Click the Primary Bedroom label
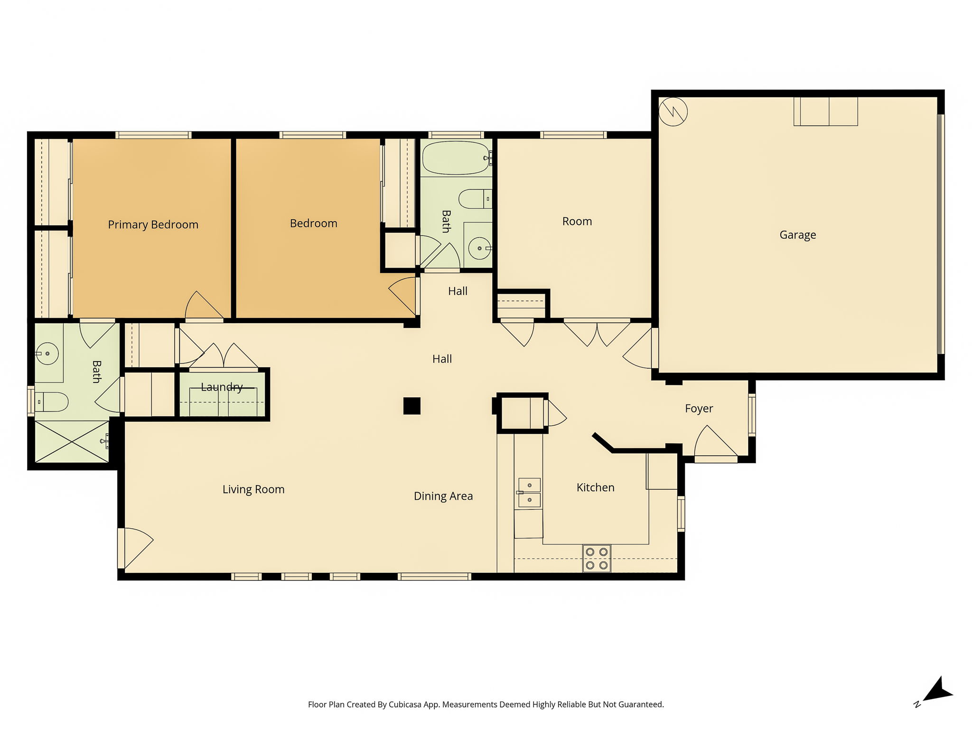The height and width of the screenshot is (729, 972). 153,224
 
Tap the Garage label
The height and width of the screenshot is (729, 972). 798,235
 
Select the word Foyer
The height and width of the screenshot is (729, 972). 699,409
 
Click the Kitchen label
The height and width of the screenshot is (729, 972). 595,487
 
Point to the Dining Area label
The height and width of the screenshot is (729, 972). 443,496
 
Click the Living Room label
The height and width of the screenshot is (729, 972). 253,489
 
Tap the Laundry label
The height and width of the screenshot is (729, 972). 222,387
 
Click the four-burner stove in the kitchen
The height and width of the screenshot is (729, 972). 597,559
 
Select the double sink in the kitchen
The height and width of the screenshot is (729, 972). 529,493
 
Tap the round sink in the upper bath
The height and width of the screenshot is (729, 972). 480,248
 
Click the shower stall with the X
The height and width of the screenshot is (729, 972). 72,442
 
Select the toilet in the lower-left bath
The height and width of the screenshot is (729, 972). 51,402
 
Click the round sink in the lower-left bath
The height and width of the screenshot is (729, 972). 47,354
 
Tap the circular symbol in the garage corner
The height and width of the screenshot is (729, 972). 673,112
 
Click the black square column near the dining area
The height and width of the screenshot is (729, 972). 412,406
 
